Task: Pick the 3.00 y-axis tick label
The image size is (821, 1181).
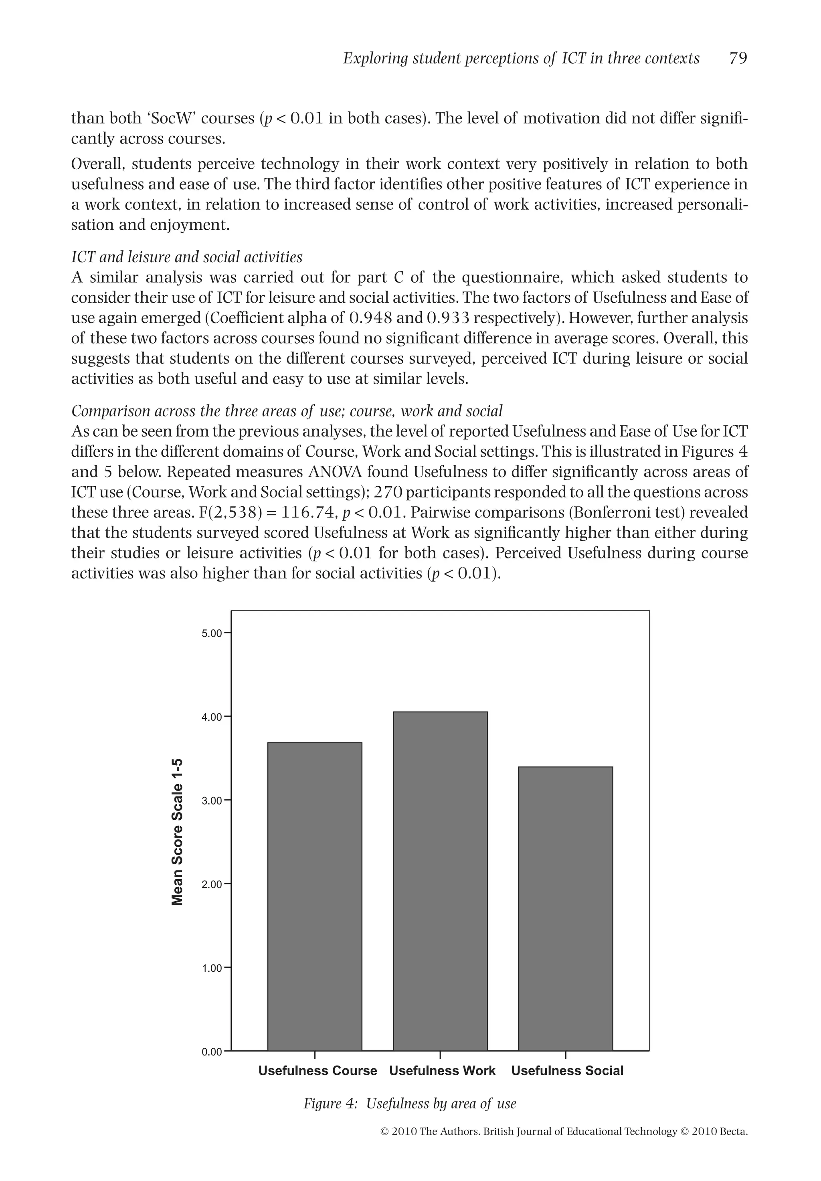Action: click(212, 801)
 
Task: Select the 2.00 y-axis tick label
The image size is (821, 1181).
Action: click(212, 884)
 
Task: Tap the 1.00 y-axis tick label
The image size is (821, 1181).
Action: click(212, 968)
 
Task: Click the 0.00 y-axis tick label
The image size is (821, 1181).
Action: click(212, 1052)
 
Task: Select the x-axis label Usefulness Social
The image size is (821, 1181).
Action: click(567, 1070)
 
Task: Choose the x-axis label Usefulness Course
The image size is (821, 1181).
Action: click(317, 1070)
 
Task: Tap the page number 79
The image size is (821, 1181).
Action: click(738, 59)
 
